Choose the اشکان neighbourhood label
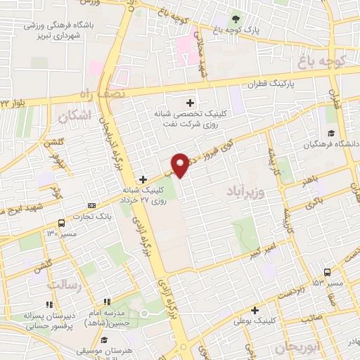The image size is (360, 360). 77,116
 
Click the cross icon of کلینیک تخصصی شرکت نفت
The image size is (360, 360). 191,103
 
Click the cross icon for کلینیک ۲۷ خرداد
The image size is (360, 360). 143,179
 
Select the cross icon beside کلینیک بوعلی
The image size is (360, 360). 255,309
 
